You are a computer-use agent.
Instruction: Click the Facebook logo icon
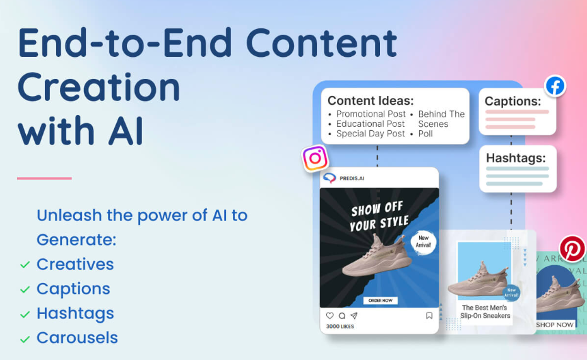pyautogui.click(x=555, y=86)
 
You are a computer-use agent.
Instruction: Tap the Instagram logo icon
pyautogui.click(x=315, y=158)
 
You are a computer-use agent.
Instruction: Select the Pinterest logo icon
pyautogui.click(x=572, y=249)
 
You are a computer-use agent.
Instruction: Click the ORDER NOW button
pyautogui.click(x=380, y=300)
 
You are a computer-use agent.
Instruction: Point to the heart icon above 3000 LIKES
pyautogui.click(x=329, y=316)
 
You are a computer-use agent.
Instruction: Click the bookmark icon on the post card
pyautogui.click(x=429, y=316)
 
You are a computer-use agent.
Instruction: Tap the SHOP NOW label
pyautogui.click(x=555, y=325)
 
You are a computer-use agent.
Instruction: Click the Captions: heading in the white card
pyautogui.click(x=513, y=101)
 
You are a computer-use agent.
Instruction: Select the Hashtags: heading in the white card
pyautogui.click(x=516, y=158)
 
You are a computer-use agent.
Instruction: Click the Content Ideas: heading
pyautogui.click(x=371, y=100)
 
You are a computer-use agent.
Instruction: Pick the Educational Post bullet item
pyautogui.click(x=371, y=124)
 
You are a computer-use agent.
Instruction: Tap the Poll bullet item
pyautogui.click(x=425, y=134)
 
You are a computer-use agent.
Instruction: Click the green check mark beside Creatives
pyautogui.click(x=25, y=265)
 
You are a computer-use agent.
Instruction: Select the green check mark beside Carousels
pyautogui.click(x=25, y=339)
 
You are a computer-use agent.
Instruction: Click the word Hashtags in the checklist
pyautogui.click(x=75, y=313)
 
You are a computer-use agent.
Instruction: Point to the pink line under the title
pyautogui.click(x=44, y=178)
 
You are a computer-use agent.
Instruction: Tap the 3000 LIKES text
pyautogui.click(x=340, y=327)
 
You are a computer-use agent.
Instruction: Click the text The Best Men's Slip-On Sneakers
pyautogui.click(x=485, y=312)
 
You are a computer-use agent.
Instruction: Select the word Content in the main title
pyautogui.click(x=321, y=43)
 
